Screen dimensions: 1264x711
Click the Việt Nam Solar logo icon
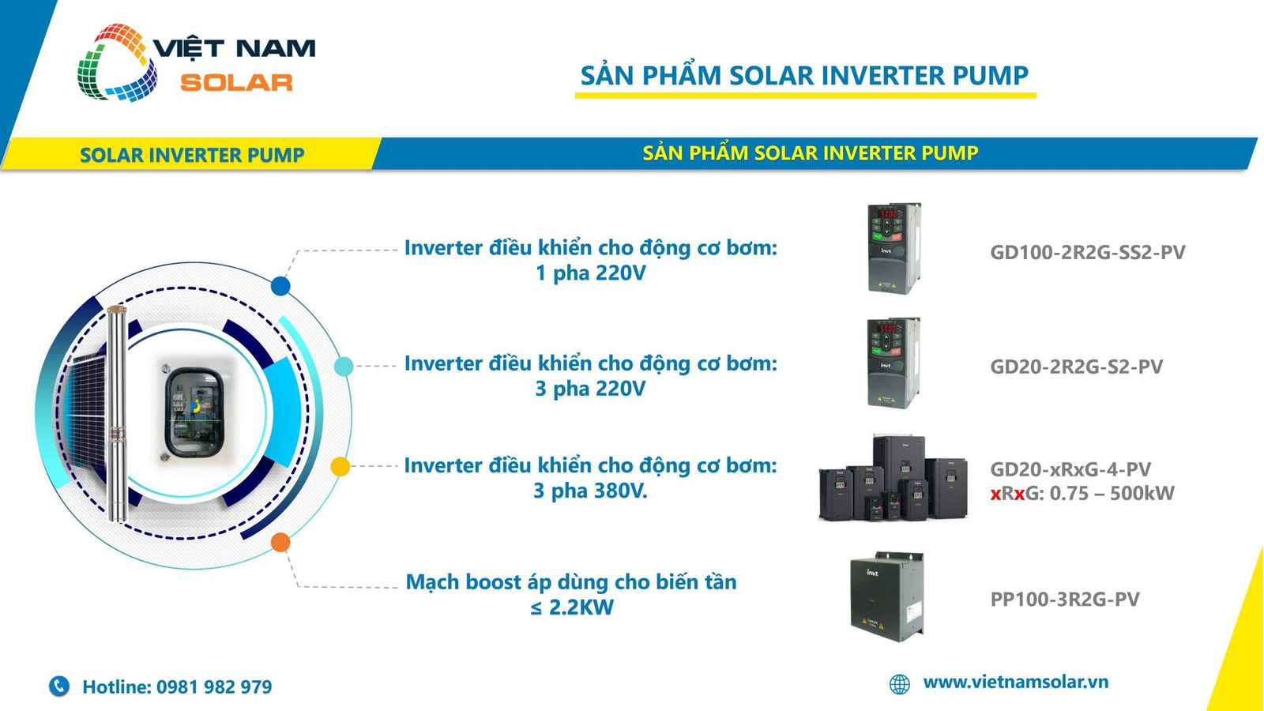[x=118, y=62]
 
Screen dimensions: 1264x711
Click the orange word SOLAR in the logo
[x=236, y=83]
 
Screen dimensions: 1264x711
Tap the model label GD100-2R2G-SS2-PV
[x=1087, y=252]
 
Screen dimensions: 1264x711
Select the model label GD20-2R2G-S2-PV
[x=1076, y=367]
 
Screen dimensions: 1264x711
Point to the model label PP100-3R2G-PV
[x=1065, y=599]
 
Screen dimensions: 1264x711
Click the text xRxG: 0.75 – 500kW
[x=1082, y=493]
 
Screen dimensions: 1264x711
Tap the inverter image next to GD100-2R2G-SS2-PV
[x=894, y=248]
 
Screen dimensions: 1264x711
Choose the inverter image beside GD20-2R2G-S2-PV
[x=894, y=363]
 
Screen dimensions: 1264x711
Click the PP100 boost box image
[x=887, y=596]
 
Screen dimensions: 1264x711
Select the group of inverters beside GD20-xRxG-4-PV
[x=893, y=477]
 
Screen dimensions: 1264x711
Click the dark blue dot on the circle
[x=280, y=285]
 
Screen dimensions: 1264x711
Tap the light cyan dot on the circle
[x=344, y=367]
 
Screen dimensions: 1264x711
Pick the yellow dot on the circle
[x=340, y=467]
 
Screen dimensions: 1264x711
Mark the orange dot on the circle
[x=280, y=542]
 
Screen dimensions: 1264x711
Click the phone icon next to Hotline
[x=58, y=687]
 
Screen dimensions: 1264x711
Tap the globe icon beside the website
[x=900, y=684]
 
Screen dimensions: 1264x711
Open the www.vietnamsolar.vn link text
[x=1016, y=683]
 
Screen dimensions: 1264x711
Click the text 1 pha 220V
[x=590, y=273]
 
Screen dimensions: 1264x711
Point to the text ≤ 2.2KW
[x=572, y=608]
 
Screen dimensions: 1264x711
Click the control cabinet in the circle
[x=194, y=412]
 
